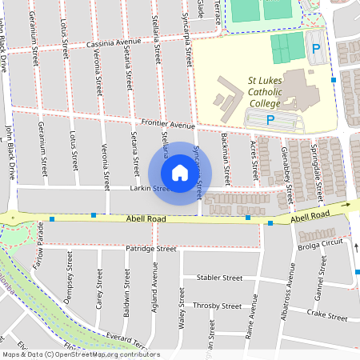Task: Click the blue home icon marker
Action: [x=179, y=173]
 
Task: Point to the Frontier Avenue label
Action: [x=168, y=126]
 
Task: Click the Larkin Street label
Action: [x=151, y=190]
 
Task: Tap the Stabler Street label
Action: [x=219, y=278]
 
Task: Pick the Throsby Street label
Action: [x=219, y=306]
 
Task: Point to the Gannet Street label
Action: [x=321, y=285]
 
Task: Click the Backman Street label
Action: [x=226, y=160]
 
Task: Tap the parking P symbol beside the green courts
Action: [x=316, y=49]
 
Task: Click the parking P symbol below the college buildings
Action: [x=270, y=120]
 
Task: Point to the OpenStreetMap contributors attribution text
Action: [x=104, y=354]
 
